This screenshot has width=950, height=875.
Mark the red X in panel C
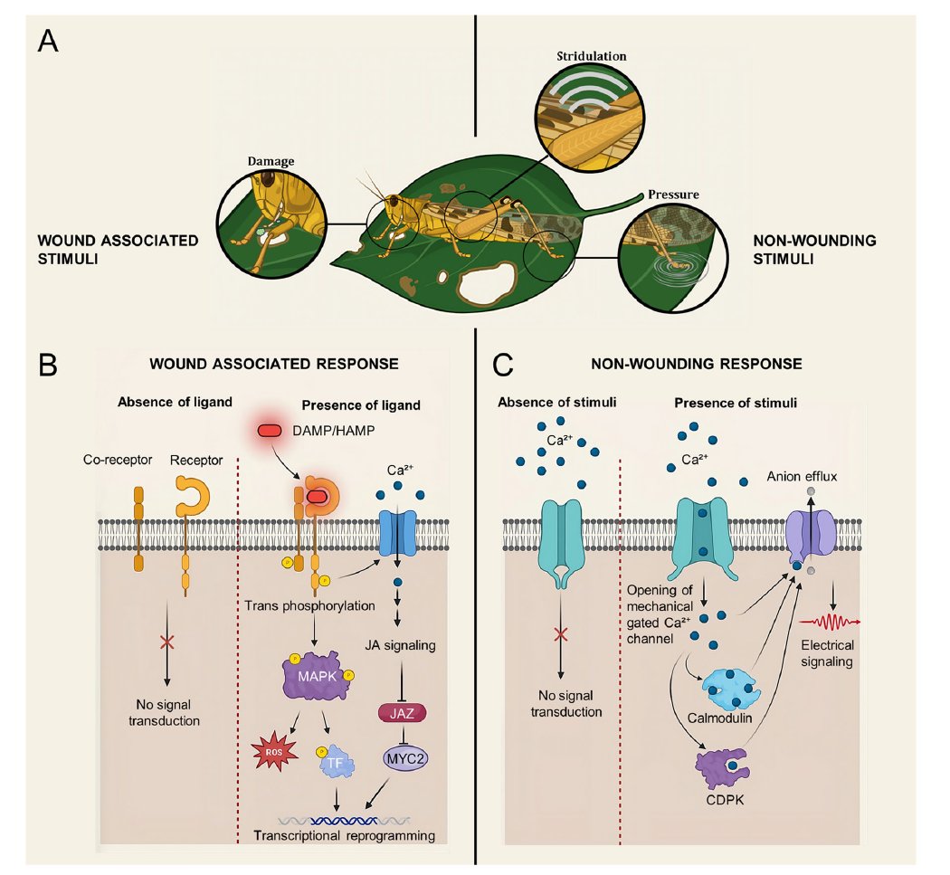click(x=561, y=634)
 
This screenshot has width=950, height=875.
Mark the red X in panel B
click(x=166, y=642)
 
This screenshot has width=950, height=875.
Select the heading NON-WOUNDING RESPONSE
click(x=696, y=364)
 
